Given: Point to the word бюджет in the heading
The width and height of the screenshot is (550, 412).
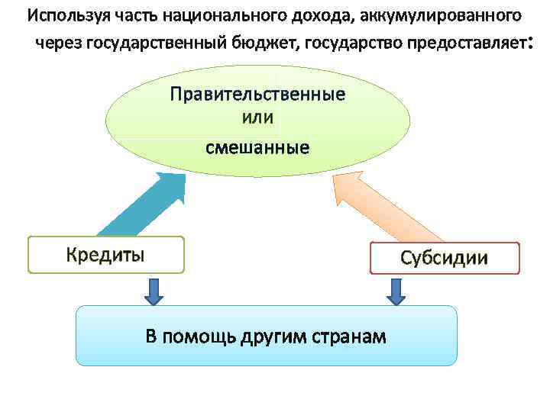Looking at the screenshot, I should click(265, 42).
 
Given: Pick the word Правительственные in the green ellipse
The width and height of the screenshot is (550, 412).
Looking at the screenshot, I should click(257, 95).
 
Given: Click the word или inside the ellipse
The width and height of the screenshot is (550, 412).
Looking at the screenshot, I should click(257, 119).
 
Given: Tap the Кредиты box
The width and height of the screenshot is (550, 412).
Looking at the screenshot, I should click(105, 255).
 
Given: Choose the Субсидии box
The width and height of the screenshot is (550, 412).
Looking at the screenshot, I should click(444, 258).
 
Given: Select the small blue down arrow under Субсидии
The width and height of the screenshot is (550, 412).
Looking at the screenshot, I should click(396, 290).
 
